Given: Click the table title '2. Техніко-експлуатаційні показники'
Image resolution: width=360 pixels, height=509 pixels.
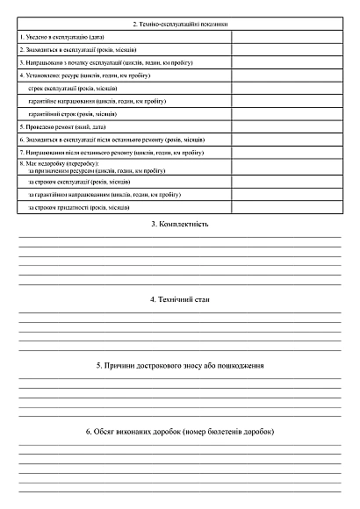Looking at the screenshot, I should [179, 24].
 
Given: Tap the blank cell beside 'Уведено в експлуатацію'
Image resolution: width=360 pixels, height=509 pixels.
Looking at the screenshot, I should [286, 37].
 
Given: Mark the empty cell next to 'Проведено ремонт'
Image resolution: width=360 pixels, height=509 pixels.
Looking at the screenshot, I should [286, 126].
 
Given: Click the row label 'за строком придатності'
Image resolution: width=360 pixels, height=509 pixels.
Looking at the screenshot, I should [80, 207].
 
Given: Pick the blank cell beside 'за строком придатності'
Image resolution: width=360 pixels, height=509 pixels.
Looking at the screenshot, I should [286, 207].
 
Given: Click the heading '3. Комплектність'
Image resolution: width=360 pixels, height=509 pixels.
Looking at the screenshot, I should [179, 225].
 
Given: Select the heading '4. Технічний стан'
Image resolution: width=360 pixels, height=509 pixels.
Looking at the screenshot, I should [179, 300].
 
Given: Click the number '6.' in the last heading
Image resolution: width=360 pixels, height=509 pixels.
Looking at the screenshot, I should [89, 433].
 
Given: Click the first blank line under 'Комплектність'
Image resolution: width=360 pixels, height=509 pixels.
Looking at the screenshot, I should [179, 237].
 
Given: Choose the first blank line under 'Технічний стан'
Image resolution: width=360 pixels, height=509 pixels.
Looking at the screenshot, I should [179, 312].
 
